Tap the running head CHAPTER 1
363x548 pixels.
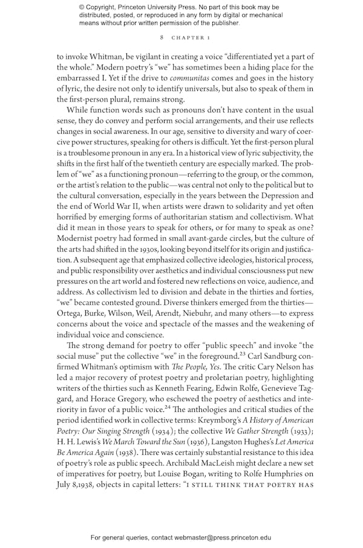tap(191, 37)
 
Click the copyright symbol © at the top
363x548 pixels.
tap(82, 7)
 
